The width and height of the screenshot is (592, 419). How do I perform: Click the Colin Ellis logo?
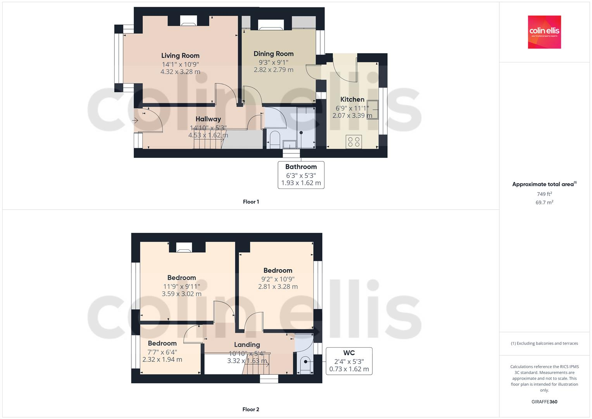(x=544, y=32)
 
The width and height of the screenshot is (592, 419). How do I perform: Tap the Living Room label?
(x=180, y=56)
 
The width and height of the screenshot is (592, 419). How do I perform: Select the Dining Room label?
(x=273, y=54)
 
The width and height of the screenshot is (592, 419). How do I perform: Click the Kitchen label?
(x=352, y=99)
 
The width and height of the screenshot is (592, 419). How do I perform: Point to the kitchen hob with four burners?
(x=354, y=142)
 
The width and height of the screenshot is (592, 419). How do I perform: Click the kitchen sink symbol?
(x=373, y=109)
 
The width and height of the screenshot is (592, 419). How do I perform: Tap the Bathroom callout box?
(x=301, y=175)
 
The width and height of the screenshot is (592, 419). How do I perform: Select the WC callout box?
(x=349, y=361)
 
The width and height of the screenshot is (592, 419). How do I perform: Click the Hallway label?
(x=208, y=119)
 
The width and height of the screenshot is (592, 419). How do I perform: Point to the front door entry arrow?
(x=136, y=121)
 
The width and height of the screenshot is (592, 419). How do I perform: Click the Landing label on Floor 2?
(x=247, y=345)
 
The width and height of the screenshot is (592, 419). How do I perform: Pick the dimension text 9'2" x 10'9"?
(x=278, y=279)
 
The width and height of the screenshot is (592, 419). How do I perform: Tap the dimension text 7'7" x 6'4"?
(x=162, y=352)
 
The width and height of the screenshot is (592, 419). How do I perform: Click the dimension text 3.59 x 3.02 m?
(x=181, y=294)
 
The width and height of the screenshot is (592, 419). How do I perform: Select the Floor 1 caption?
(x=251, y=202)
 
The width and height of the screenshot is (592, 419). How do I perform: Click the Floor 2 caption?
(x=250, y=409)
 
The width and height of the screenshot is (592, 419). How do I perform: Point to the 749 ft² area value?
(x=544, y=194)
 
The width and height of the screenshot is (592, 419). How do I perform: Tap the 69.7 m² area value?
(x=544, y=203)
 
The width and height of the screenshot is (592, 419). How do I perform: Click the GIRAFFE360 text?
(x=544, y=402)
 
